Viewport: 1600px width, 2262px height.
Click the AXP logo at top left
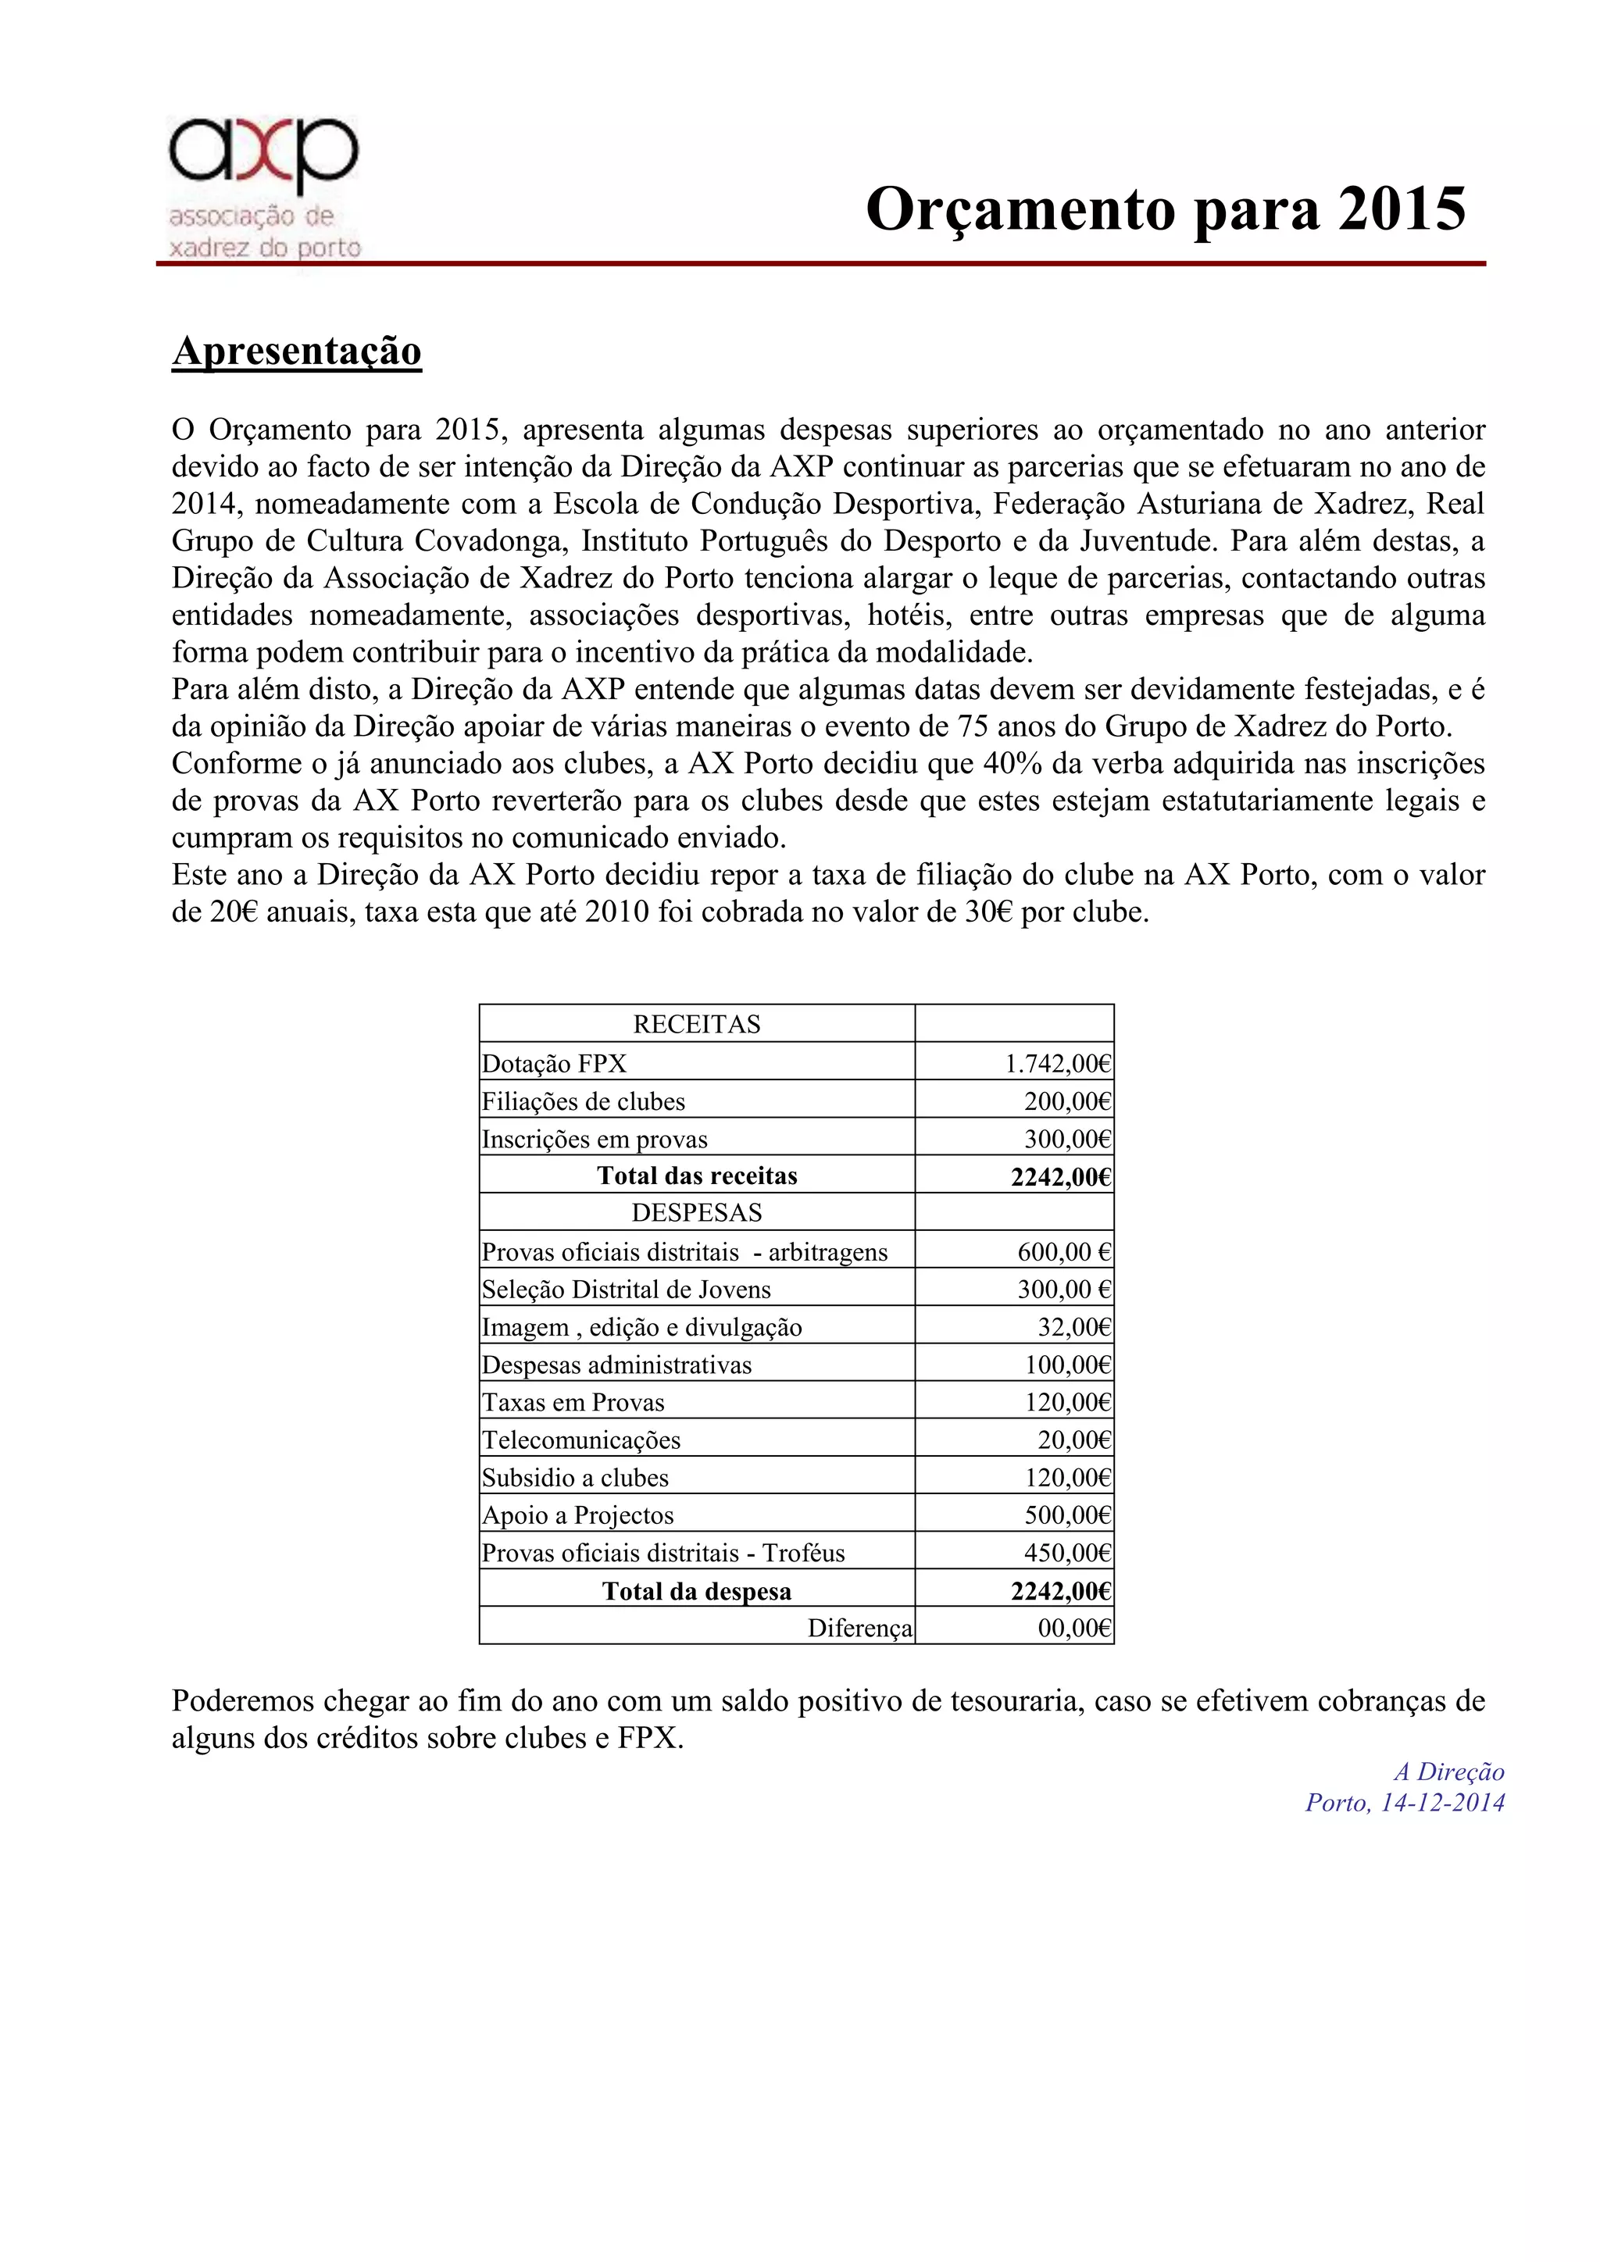(x=264, y=187)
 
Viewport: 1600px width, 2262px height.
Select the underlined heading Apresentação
(x=297, y=351)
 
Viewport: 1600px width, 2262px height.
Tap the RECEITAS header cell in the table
(x=697, y=1025)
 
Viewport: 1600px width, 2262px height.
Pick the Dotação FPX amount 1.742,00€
(x=1057, y=1064)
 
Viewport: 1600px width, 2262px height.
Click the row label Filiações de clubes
(x=584, y=1101)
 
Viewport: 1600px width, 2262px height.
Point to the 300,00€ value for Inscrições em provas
(x=1067, y=1140)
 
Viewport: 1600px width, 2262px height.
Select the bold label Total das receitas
(x=697, y=1176)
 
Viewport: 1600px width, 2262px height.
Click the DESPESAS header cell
(x=697, y=1213)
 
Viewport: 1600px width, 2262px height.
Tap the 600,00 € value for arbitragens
(x=1064, y=1252)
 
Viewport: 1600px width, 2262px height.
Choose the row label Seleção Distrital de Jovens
(x=626, y=1290)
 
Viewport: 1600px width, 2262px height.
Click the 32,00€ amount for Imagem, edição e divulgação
(x=1074, y=1327)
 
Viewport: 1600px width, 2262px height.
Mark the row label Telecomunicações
(x=581, y=1440)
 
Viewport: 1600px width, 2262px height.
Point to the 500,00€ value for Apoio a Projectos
(x=1067, y=1515)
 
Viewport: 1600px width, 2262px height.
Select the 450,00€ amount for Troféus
(x=1067, y=1553)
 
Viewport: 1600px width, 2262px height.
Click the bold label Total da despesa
(x=697, y=1591)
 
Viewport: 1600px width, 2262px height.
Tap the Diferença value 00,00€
(x=1074, y=1628)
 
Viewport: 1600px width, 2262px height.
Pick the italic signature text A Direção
(x=1448, y=1772)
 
